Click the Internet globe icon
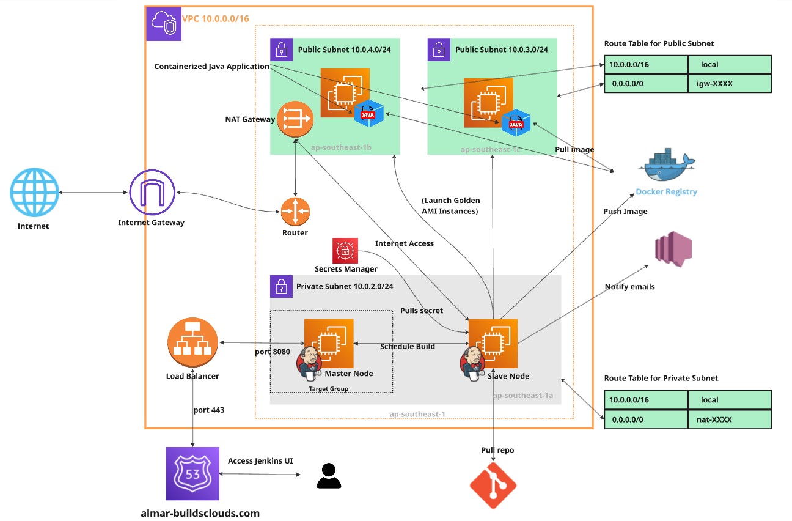(x=34, y=193)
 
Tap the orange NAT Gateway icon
(x=295, y=119)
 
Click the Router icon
(x=295, y=212)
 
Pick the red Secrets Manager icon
(x=345, y=251)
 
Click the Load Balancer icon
(x=192, y=342)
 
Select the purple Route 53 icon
(x=192, y=474)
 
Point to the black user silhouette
(x=329, y=476)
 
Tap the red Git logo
(x=493, y=486)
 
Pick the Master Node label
(x=349, y=374)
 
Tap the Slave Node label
(x=508, y=376)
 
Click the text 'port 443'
(x=208, y=410)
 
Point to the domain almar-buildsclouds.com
(x=200, y=513)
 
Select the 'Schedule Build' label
(x=408, y=346)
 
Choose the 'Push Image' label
(x=625, y=212)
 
